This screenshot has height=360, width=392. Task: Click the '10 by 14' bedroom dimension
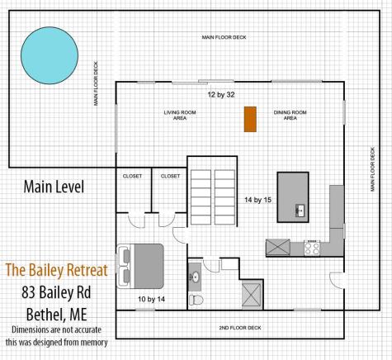point(152,296)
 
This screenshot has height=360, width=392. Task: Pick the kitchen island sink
point(301,210)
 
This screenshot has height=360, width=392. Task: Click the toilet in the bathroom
point(195,300)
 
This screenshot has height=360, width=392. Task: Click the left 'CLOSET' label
point(132,176)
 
